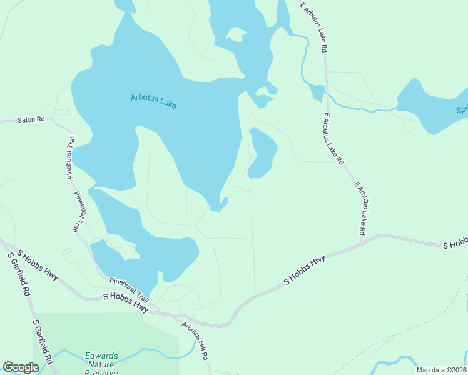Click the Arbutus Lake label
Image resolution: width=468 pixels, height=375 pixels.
tap(154, 101)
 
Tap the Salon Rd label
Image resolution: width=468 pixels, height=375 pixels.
tap(31, 119)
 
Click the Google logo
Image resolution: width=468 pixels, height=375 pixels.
tap(21, 367)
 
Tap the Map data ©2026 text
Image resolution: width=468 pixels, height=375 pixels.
tap(442, 370)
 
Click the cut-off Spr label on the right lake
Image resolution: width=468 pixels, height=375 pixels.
tap(460, 110)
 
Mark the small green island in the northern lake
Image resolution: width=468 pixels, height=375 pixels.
tap(236, 34)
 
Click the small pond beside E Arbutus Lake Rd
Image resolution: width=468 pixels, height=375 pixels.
tap(317, 92)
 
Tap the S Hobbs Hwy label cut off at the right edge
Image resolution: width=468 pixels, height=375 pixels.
tap(455, 244)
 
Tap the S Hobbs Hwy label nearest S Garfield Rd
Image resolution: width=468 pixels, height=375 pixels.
tap(37, 265)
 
